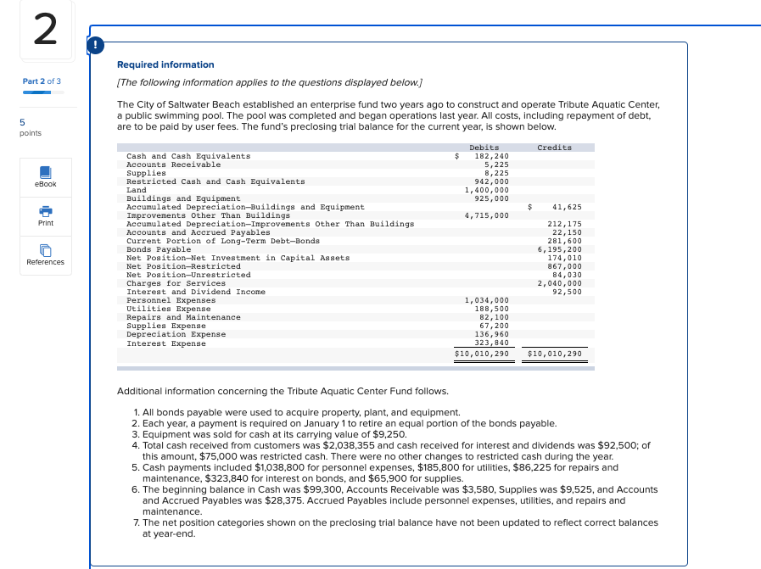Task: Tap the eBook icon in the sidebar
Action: (46, 173)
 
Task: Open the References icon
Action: (46, 251)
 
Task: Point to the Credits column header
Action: (554, 148)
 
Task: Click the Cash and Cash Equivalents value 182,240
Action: (491, 156)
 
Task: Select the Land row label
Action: (135, 190)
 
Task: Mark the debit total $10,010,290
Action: (481, 353)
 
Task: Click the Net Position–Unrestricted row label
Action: (188, 275)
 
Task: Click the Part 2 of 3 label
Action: (42, 81)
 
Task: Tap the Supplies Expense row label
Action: (165, 326)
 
